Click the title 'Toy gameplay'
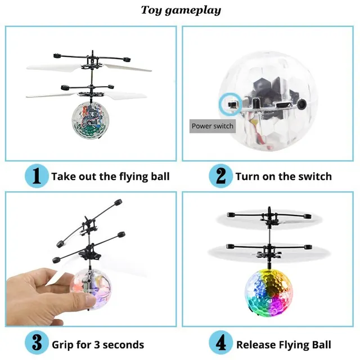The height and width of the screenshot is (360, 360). pyautogui.click(x=181, y=10)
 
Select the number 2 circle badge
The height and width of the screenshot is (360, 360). pyautogui.click(x=220, y=176)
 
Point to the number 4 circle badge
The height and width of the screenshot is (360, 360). pyautogui.click(x=220, y=344)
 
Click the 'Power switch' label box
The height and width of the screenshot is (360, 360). pyautogui.click(x=212, y=126)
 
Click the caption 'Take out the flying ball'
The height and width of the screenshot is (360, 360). pyautogui.click(x=110, y=177)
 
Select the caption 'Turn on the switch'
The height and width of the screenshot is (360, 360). pyautogui.click(x=283, y=177)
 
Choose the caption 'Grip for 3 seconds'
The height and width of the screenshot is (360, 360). pyautogui.click(x=98, y=345)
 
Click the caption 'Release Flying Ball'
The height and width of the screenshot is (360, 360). pyautogui.click(x=283, y=345)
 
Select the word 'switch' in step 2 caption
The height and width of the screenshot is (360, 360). pyautogui.click(x=313, y=177)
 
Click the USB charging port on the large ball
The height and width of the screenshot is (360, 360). pyautogui.click(x=280, y=105)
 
